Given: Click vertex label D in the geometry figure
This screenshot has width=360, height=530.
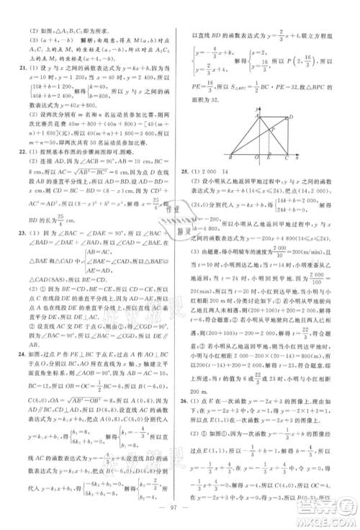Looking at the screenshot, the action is click(x=289, y=117).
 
